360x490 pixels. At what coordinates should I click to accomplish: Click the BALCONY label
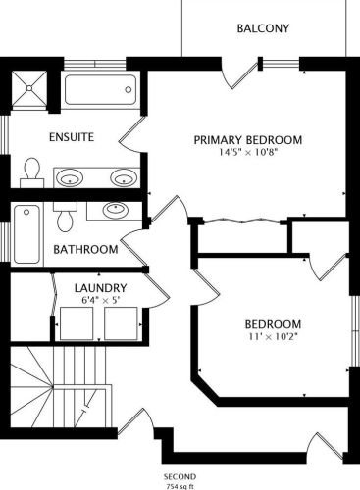point(263,28)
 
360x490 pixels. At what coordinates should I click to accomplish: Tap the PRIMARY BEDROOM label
point(248,140)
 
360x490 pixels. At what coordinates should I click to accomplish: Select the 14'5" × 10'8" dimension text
point(248,152)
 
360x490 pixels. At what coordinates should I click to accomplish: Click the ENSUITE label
point(72,137)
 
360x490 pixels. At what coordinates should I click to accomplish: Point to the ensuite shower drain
point(29,88)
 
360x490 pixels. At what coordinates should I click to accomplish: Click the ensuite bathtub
point(100,90)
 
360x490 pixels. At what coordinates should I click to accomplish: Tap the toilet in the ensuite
point(32,172)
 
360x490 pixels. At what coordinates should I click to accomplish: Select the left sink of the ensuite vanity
point(70,178)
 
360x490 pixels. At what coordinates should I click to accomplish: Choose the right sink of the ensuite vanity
point(124,177)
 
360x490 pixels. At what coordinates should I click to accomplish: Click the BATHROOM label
point(85,250)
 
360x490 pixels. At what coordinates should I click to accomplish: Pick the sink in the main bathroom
point(115,210)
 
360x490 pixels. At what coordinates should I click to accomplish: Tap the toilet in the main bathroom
point(65,217)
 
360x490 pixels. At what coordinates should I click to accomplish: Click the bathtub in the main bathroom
point(27,234)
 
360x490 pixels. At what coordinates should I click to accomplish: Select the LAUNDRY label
point(100,288)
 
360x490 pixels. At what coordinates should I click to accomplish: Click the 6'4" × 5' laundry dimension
point(100,300)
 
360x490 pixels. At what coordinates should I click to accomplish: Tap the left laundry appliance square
point(77,323)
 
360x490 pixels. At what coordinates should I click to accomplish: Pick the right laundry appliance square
point(121,323)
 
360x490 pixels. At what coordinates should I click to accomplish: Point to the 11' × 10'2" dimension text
point(273,337)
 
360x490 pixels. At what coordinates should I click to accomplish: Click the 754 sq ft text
point(180,486)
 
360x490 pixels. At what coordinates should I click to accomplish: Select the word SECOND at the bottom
point(180,476)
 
